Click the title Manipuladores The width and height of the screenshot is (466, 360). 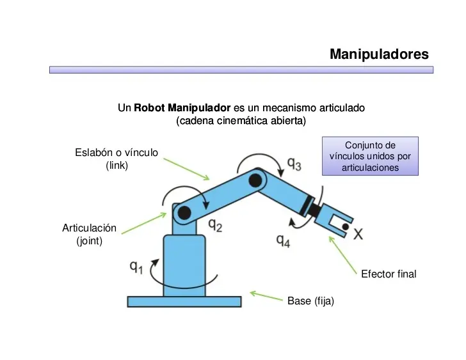379,54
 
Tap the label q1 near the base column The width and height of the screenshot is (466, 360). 136,267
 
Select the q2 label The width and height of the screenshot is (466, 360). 215,225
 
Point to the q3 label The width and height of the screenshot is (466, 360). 294,164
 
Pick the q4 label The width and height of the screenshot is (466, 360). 283,240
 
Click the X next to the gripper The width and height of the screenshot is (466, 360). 358,235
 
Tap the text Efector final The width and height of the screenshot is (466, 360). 389,274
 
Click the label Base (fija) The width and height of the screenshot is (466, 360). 310,301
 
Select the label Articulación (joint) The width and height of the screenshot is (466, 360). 89,235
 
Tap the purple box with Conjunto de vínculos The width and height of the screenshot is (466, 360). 370,157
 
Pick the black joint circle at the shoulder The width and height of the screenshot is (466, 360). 184,212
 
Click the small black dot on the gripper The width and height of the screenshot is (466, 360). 345,226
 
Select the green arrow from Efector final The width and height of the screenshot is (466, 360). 343,251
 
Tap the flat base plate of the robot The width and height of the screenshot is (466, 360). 184,301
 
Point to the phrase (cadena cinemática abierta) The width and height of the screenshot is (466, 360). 241,120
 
